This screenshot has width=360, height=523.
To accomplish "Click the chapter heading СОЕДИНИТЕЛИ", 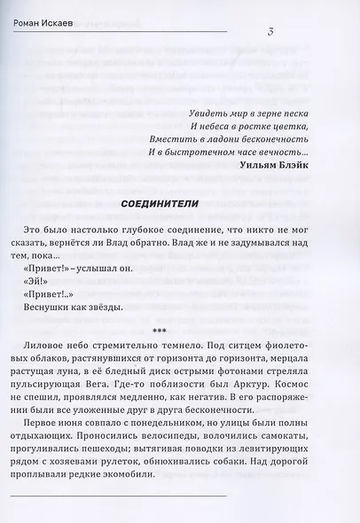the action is [161, 206].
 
